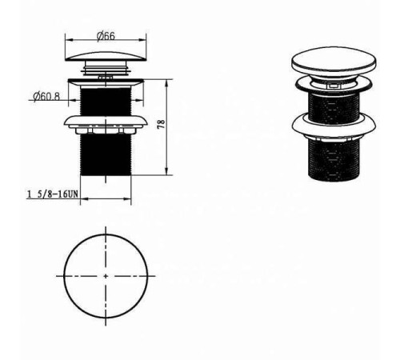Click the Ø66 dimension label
point(106,36)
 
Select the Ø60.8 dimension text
point(46,96)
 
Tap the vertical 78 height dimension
point(162,125)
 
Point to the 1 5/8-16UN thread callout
point(53,194)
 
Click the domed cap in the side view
point(106,57)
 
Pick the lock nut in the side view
point(106,124)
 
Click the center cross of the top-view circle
point(106,276)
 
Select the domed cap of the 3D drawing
point(334,61)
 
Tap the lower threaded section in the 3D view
point(334,160)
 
